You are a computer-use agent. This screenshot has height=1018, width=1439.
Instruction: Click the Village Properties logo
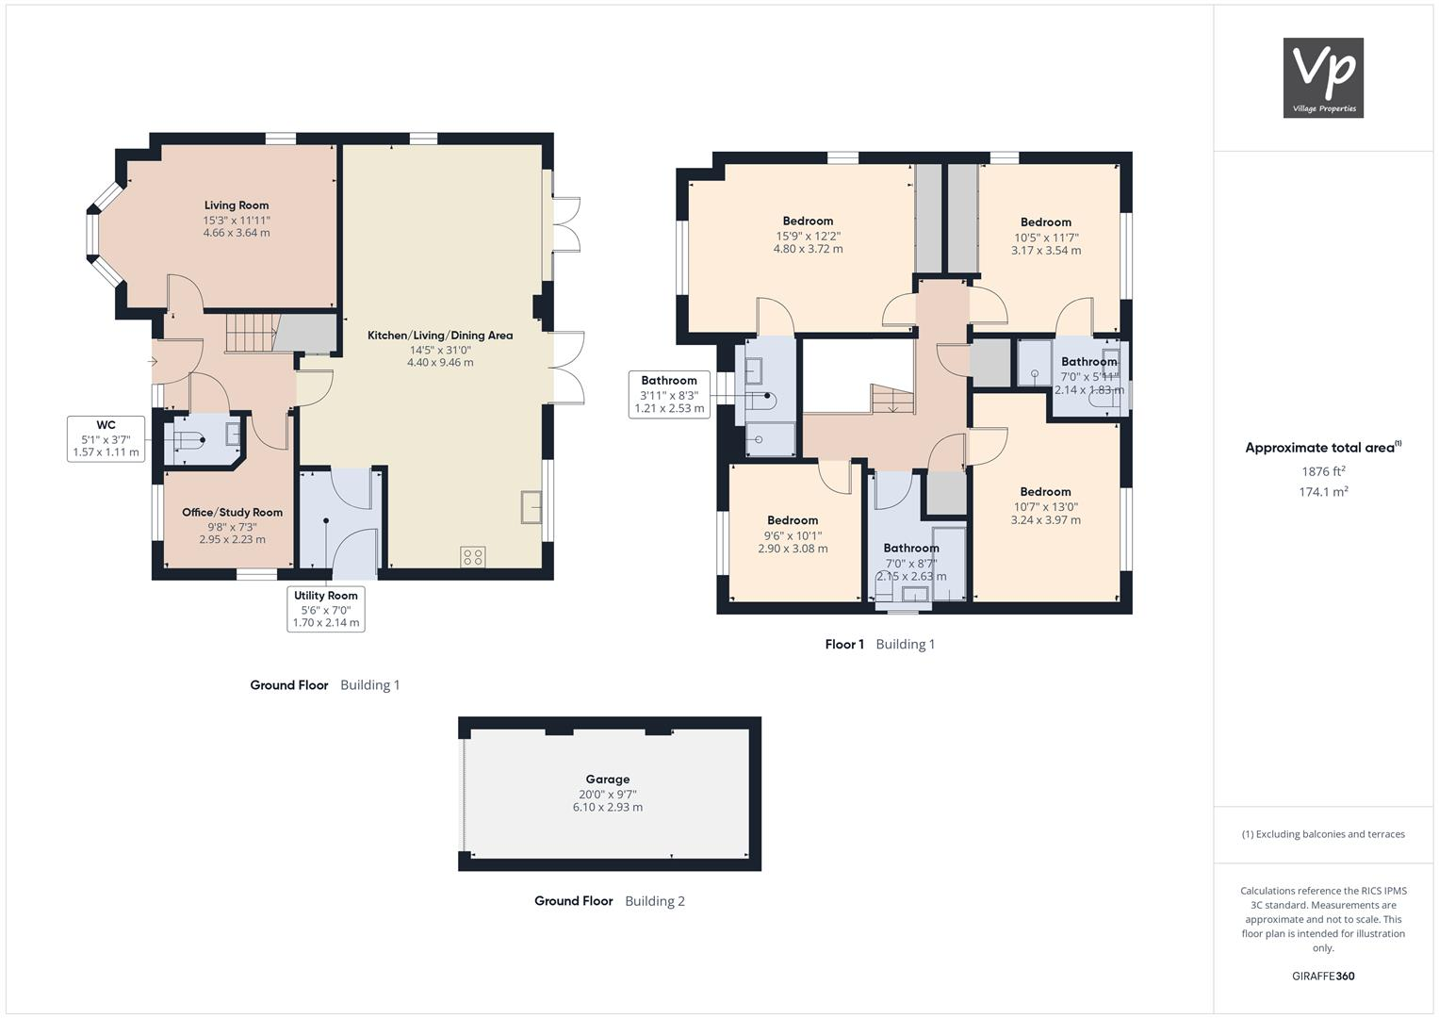pyautogui.click(x=1323, y=77)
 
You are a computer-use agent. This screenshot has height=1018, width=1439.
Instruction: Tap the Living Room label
pyautogui.click(x=237, y=205)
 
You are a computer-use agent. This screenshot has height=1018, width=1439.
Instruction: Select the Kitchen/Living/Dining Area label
pyautogui.click(x=440, y=336)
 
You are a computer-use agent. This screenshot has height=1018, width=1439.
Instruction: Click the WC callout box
pyautogui.click(x=106, y=439)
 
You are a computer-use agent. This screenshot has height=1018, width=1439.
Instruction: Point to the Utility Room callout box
pyautogui.click(x=325, y=609)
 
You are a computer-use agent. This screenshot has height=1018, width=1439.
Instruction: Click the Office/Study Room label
pyautogui.click(x=232, y=513)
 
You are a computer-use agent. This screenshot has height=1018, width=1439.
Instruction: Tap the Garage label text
pyautogui.click(x=607, y=780)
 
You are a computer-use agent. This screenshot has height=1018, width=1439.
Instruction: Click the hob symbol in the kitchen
pyautogui.click(x=473, y=557)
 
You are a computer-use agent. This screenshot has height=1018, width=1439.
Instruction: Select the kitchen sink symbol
pyautogui.click(x=531, y=507)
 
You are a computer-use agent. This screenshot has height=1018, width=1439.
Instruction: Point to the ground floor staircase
pyautogui.click(x=250, y=332)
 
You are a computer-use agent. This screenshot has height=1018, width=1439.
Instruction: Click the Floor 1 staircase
pyautogui.click(x=891, y=400)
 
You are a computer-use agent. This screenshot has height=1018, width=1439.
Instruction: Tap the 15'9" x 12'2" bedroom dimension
pyautogui.click(x=808, y=236)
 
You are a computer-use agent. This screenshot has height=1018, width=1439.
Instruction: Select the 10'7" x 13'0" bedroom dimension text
pyautogui.click(x=1045, y=506)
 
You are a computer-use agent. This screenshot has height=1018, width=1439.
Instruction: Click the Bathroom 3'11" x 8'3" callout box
pyautogui.click(x=669, y=395)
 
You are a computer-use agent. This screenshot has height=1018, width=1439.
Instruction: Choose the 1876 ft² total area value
pyautogui.click(x=1323, y=471)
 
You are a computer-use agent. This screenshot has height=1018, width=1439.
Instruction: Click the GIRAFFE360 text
pyautogui.click(x=1323, y=977)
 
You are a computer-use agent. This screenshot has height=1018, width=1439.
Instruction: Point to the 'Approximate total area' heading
pyautogui.click(x=1321, y=448)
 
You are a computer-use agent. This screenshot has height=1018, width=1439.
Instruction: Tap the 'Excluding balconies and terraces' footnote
pyautogui.click(x=1323, y=834)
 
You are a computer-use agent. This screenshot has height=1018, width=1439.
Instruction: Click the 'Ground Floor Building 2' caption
pyautogui.click(x=609, y=901)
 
